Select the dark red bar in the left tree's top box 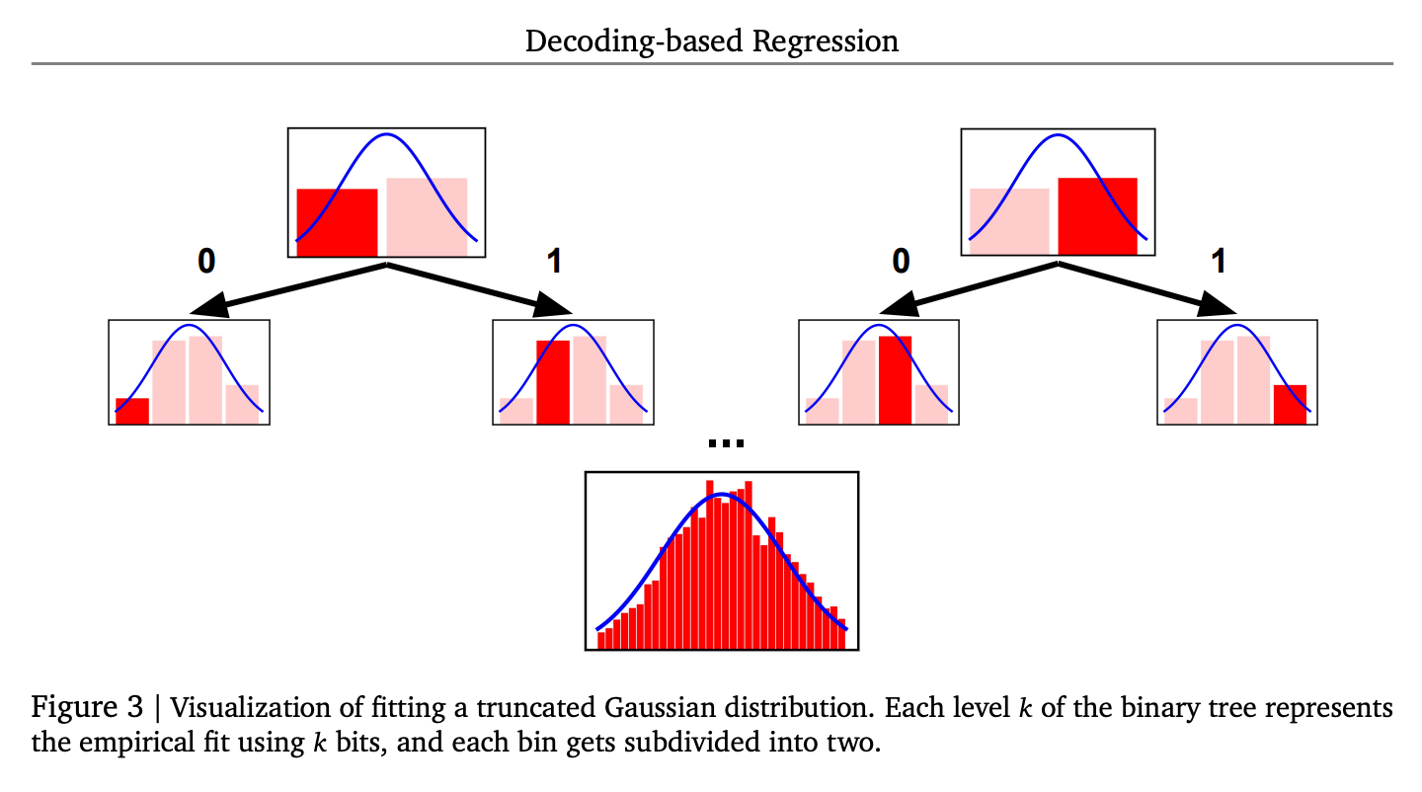[x=337, y=221]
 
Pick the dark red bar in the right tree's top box [x=1097, y=215]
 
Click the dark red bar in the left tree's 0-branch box [x=132, y=411]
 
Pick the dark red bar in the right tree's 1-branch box [x=1290, y=404]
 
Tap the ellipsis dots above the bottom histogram [x=726, y=444]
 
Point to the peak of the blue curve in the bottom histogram [x=723, y=494]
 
